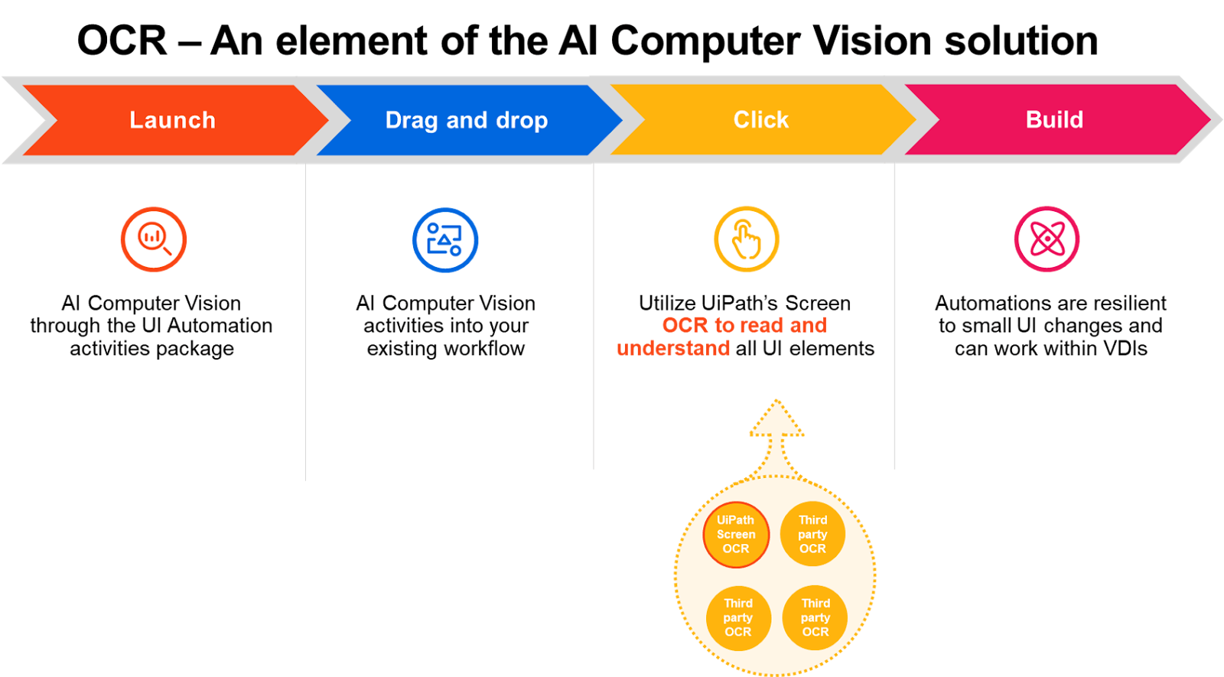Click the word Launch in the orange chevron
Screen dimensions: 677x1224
172,120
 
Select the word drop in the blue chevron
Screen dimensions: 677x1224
522,120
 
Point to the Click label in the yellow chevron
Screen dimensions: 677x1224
760,120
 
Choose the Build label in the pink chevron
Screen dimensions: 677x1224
1054,120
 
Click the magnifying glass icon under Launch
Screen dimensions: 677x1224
154,239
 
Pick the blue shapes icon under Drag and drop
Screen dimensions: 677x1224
445,239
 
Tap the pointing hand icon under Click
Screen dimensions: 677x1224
747,239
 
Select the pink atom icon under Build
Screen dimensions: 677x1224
1047,239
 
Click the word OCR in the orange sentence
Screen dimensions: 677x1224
685,325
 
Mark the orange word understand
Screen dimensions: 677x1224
673,349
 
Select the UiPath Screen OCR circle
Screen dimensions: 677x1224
736,535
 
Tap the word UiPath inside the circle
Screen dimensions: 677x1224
735,520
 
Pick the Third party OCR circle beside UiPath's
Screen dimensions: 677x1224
812,534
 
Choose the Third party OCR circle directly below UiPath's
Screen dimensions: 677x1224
738,617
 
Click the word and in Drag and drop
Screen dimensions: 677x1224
467,120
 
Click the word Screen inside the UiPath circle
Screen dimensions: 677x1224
736,535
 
